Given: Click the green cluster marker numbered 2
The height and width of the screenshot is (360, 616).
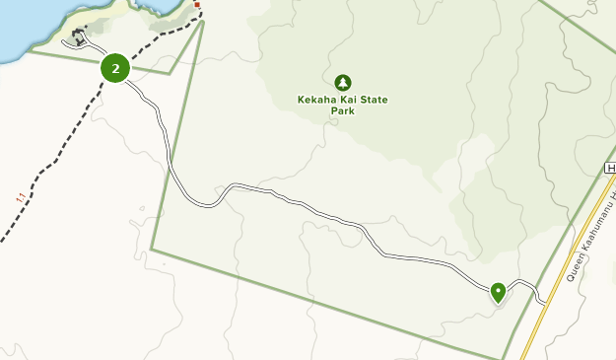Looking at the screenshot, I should pos(115,68).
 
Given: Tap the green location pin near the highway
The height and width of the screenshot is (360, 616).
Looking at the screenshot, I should pos(498,291).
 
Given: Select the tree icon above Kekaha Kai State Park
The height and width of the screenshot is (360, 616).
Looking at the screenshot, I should pos(342,82).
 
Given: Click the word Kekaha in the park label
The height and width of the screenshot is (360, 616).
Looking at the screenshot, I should pos(318,100).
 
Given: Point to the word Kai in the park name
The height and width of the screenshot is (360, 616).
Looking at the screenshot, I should pos(350,100).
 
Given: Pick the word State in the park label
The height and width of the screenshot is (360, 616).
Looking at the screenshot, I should pos(375,100).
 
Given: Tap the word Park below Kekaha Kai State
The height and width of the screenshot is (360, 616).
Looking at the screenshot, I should pos(342,111).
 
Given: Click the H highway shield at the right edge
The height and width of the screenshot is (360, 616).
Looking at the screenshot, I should pos(611,169).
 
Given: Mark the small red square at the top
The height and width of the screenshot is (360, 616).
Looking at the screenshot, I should pos(197,5).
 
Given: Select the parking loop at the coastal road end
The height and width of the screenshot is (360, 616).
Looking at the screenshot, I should pos(77,39).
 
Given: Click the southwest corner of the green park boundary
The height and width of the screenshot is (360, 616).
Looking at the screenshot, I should pos(152,250).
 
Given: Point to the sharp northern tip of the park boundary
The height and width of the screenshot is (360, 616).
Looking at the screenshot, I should pos(203,21).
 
